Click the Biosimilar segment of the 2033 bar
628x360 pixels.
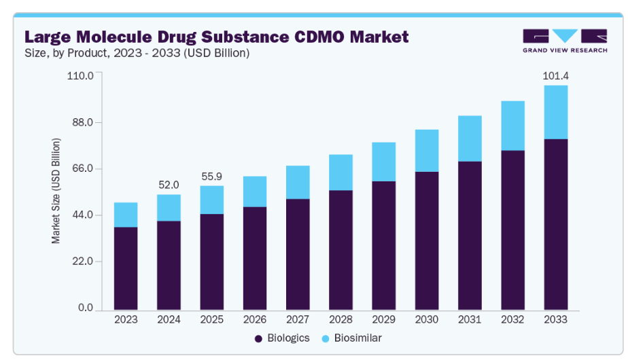click(555, 112)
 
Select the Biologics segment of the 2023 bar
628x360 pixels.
click(126, 268)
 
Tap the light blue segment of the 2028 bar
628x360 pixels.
click(341, 173)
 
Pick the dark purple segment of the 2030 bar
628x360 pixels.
click(426, 240)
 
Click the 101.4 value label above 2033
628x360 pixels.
click(555, 75)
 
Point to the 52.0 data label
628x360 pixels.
click(169, 185)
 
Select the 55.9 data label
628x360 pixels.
click(211, 176)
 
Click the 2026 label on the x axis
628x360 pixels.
click(254, 319)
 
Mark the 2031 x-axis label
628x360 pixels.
click(469, 319)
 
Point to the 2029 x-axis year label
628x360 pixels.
click(383, 319)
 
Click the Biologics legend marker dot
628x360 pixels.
click(258, 338)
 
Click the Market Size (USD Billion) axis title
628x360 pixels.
click(56, 191)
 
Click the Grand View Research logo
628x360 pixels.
click(565, 40)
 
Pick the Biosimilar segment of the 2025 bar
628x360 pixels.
click(211, 200)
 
